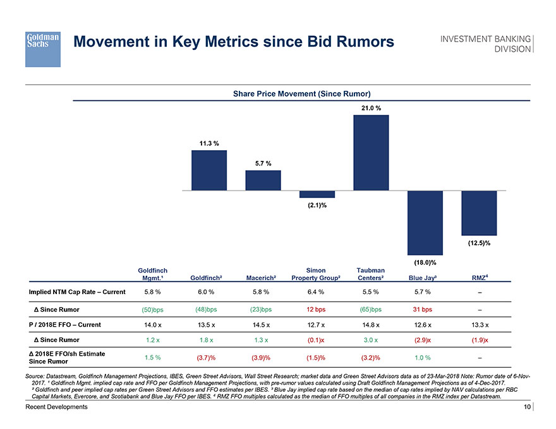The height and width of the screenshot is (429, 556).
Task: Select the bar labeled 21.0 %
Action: (371, 152)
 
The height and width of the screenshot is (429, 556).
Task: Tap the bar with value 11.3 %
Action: (209, 170)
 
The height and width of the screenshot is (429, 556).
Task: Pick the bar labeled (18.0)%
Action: (425, 222)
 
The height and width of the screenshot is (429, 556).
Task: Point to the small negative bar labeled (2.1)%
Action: (317, 194)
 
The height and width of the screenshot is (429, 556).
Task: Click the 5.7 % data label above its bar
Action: (263, 163)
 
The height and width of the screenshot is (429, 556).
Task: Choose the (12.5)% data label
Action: (480, 243)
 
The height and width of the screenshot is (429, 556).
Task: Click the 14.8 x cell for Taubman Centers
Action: (370, 326)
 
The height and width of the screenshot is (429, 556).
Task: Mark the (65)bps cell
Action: (370, 309)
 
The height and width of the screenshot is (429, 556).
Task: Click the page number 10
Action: (526, 408)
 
